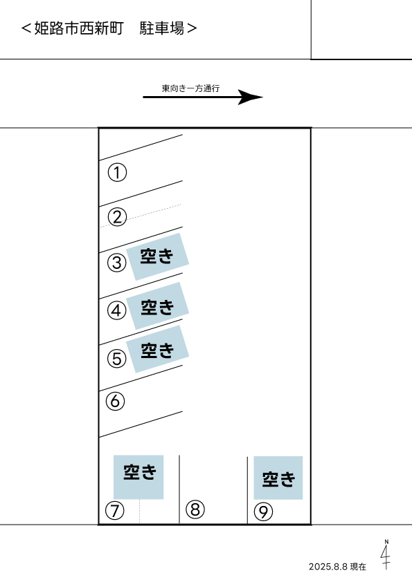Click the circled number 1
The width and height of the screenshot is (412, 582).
click(x=117, y=173)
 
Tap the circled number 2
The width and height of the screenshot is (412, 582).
click(x=117, y=217)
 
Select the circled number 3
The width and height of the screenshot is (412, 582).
click(x=117, y=263)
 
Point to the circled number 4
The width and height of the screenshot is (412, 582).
click(x=117, y=310)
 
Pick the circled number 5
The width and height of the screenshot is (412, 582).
click(x=117, y=359)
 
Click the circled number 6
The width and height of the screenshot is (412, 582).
click(x=115, y=401)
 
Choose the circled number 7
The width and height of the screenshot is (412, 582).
click(x=114, y=511)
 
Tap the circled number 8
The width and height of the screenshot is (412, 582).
click(x=195, y=509)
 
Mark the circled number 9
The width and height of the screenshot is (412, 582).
click(x=263, y=512)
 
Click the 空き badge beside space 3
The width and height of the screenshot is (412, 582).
click(x=157, y=256)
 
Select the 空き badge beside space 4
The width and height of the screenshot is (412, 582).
click(x=157, y=306)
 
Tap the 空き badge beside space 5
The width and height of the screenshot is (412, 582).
click(x=157, y=349)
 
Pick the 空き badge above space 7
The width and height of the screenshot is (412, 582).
click(x=138, y=477)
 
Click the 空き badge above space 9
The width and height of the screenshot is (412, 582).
click(x=278, y=478)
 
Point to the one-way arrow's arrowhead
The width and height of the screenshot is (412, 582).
click(x=250, y=97)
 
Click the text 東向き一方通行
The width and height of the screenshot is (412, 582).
click(x=190, y=88)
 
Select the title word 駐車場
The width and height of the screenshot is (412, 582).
click(x=162, y=28)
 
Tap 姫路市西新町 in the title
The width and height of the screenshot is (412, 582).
click(x=79, y=28)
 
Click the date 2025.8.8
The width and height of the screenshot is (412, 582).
click(x=328, y=567)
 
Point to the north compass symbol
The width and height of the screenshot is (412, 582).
click(x=386, y=555)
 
